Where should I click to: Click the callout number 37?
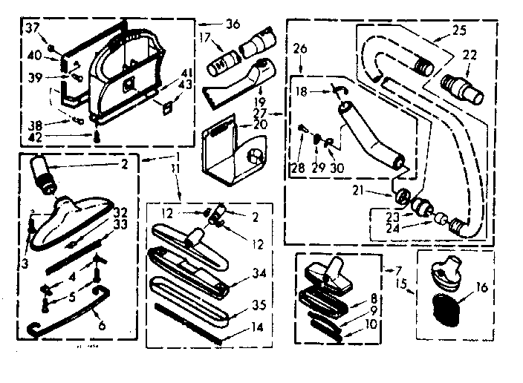click(x=32, y=28)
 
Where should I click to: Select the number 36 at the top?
click(x=233, y=24)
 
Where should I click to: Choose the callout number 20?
click(x=259, y=125)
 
